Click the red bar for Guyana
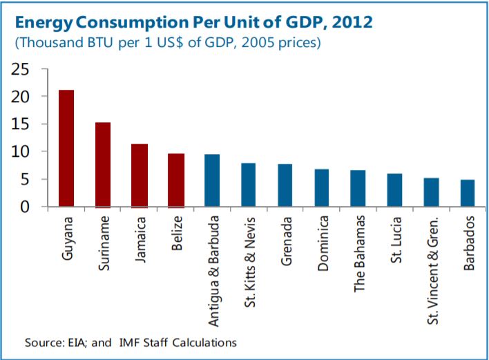[66, 149]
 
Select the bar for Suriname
[103, 164]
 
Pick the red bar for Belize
[176, 180]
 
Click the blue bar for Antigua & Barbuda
[213, 180]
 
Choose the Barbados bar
[468, 193]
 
